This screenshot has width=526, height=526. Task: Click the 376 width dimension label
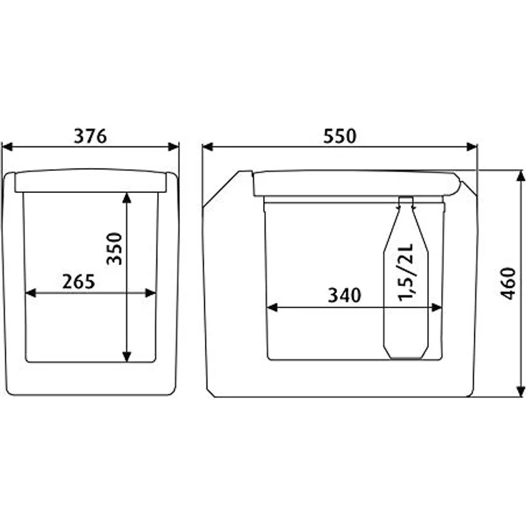click(90, 136)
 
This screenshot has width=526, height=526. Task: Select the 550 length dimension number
click(339, 136)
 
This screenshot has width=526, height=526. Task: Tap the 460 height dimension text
click(507, 284)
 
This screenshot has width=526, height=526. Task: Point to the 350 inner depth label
click(114, 249)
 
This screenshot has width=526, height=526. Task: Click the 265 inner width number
click(79, 282)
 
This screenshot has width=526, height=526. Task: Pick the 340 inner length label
click(344, 295)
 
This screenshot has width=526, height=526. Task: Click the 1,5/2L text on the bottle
click(405, 272)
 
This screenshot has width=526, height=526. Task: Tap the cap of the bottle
click(405, 200)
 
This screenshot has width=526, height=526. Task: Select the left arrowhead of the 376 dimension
click(7, 147)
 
